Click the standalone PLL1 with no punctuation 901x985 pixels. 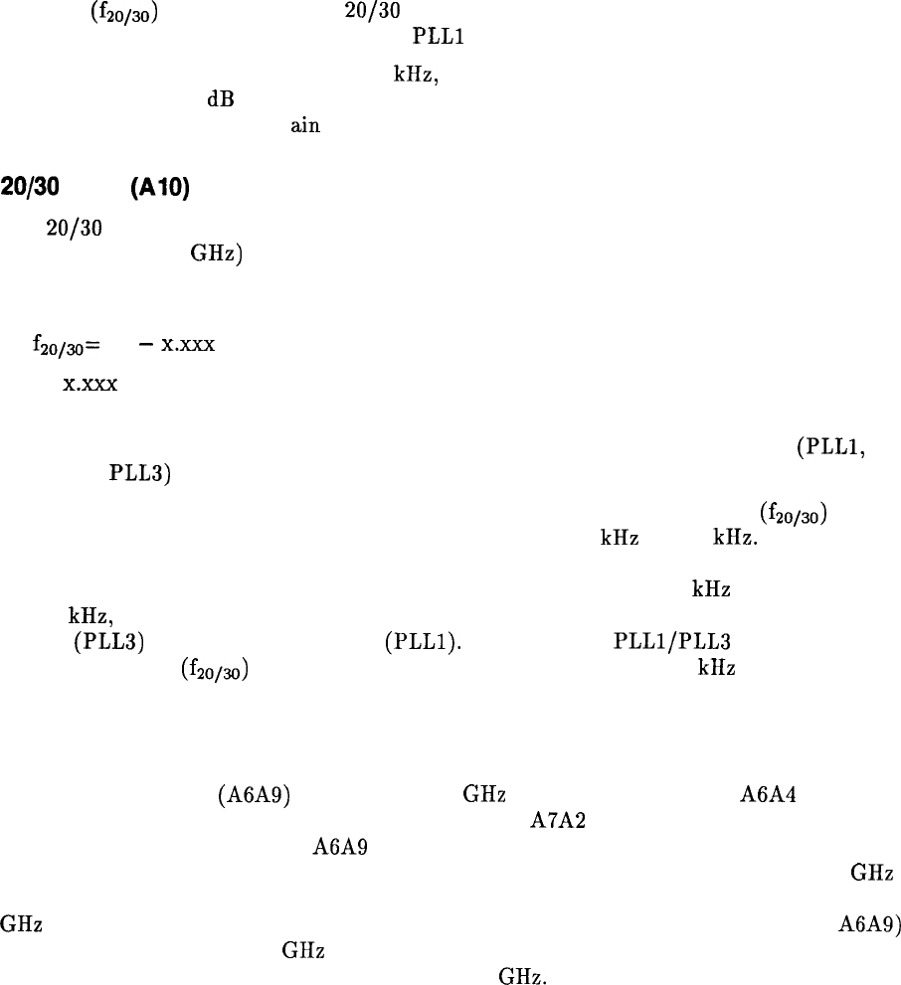[x=439, y=39]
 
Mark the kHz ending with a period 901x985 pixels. [x=735, y=538]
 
